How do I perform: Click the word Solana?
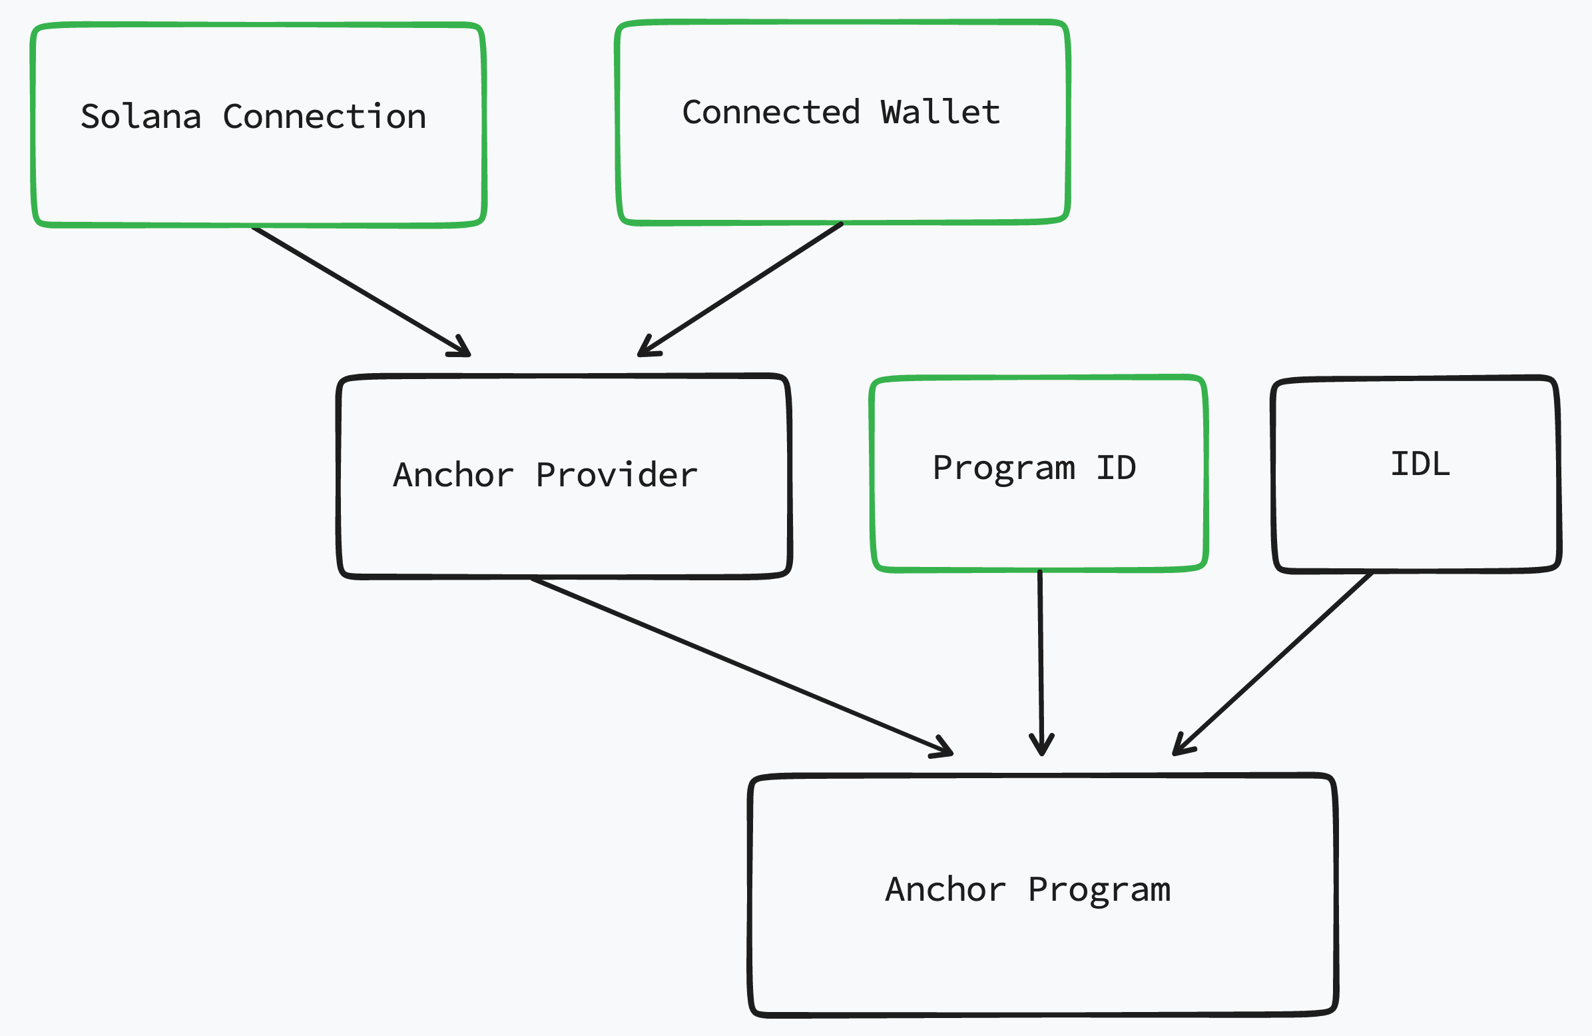tap(140, 117)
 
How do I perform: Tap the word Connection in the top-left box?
tap(324, 117)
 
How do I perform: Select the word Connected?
tap(770, 113)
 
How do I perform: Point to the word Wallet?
tap(939, 113)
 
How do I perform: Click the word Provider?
tap(616, 475)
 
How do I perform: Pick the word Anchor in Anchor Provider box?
tap(453, 475)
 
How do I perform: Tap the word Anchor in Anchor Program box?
tap(945, 890)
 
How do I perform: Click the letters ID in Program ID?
tap(1116, 468)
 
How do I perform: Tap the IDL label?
tap(1420, 464)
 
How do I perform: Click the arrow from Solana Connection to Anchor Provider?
tap(361, 291)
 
